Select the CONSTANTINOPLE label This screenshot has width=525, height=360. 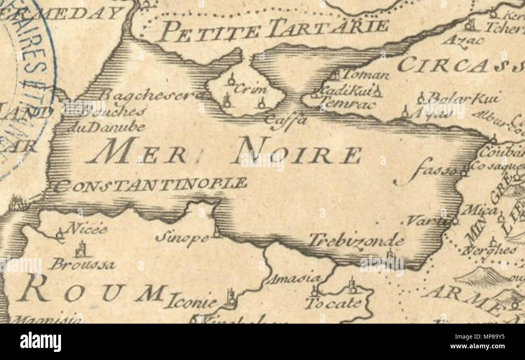(x=150, y=185)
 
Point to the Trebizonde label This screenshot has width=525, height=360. (x=357, y=241)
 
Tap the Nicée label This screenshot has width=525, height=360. (x=87, y=229)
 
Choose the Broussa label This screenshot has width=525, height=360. (x=82, y=265)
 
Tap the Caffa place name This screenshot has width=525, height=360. (x=286, y=121)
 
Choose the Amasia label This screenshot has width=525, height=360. (x=294, y=279)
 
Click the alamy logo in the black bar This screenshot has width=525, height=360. (x=40, y=342)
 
